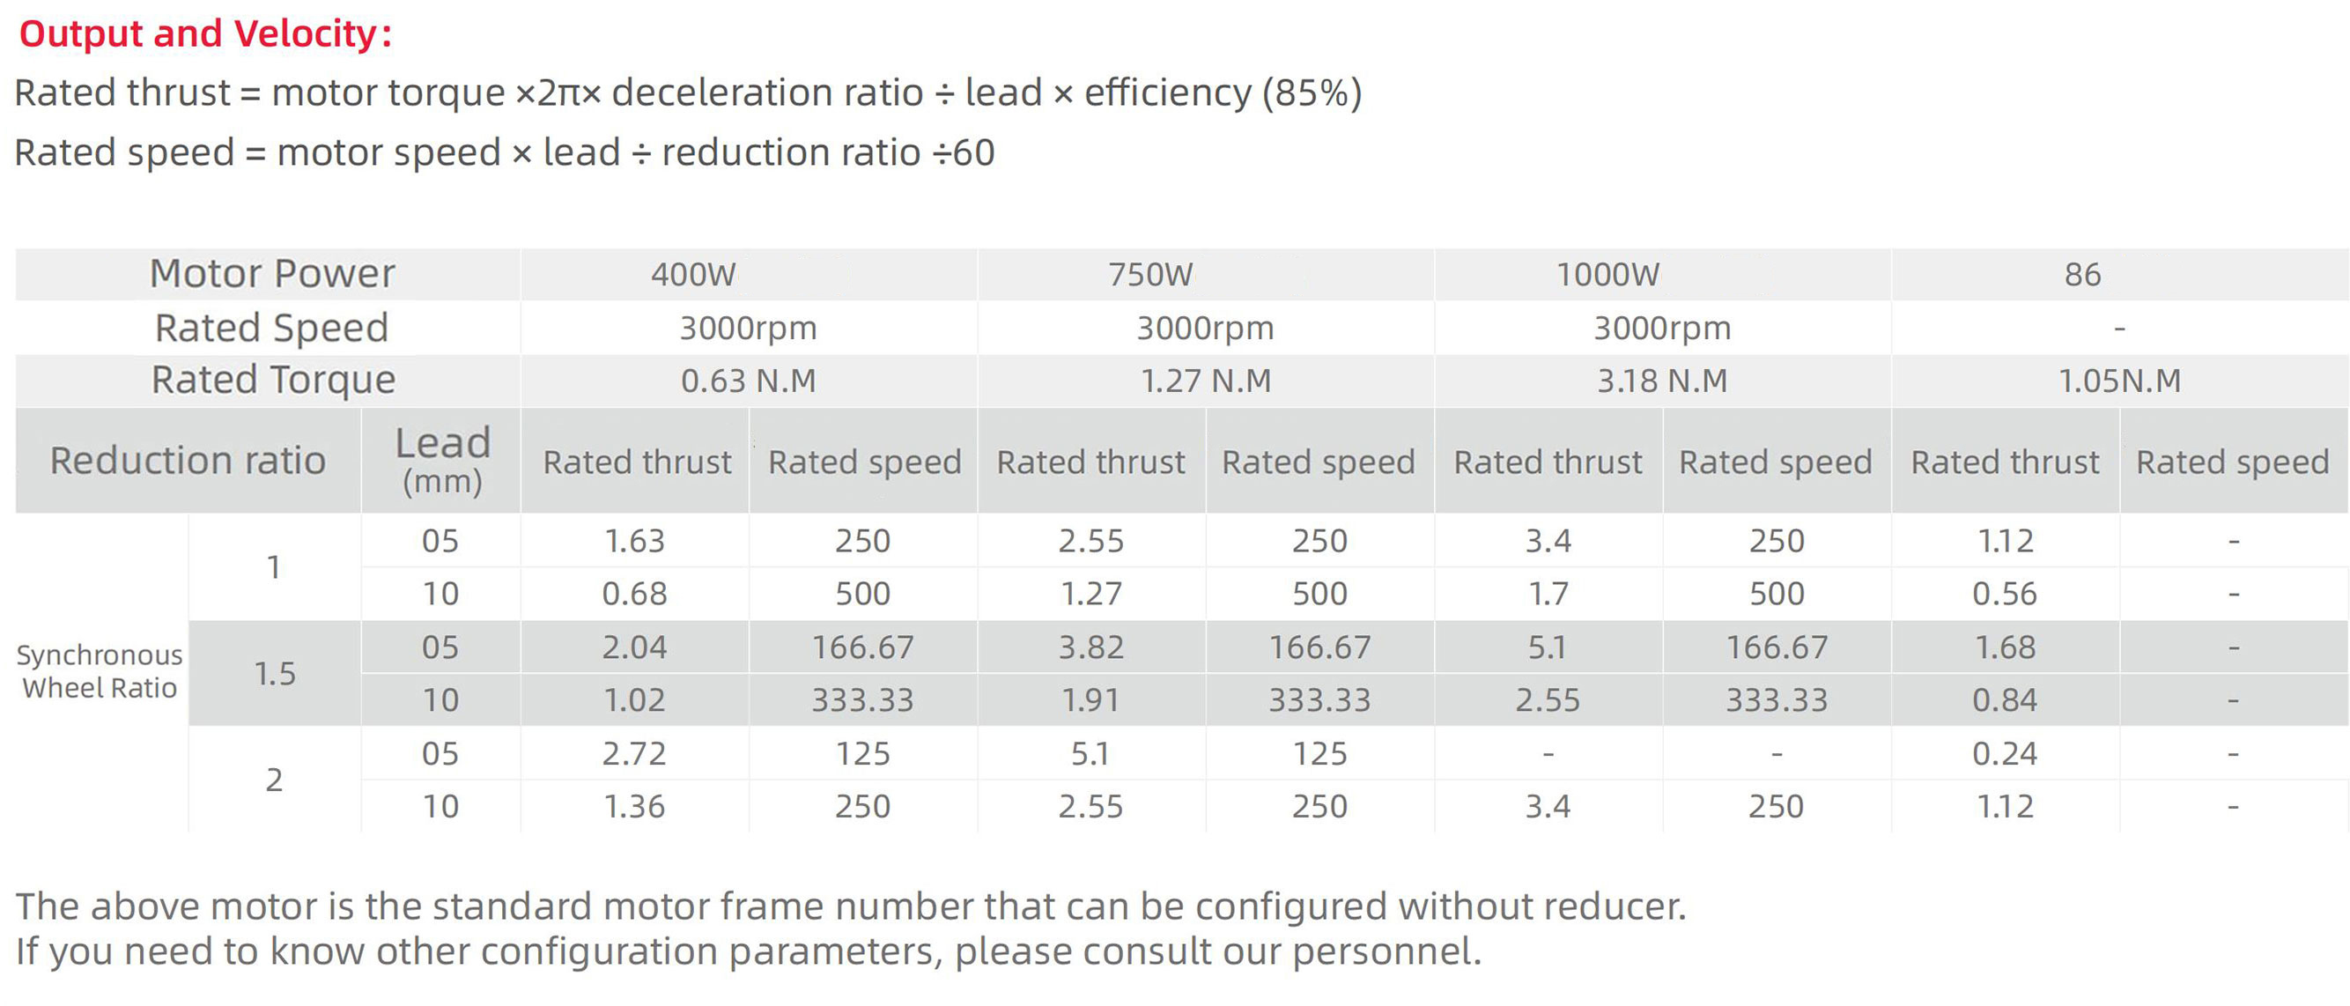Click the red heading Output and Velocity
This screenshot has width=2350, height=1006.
(204, 33)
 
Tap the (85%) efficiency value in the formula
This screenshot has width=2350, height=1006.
(1312, 93)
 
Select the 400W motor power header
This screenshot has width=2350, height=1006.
(693, 275)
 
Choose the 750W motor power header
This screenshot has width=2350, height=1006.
(1150, 275)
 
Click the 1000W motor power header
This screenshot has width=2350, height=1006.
(1607, 275)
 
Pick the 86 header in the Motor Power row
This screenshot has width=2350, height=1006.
(2083, 275)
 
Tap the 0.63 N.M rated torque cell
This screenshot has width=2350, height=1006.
(748, 381)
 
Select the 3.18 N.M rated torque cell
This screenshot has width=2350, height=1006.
(1662, 381)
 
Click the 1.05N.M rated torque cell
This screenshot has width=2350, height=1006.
(2119, 381)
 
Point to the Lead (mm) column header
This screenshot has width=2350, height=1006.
(442, 459)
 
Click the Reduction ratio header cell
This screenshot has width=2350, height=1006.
(188, 461)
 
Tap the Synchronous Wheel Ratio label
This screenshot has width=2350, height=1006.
(100, 671)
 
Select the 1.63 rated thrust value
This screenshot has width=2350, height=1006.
(635, 541)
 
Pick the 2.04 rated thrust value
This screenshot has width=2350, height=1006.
(635, 647)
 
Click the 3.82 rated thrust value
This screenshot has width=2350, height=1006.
(1091, 647)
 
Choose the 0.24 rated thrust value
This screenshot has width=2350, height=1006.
(2004, 753)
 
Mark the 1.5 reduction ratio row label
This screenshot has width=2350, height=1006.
(275, 673)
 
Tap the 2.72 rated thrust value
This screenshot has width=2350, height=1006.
(635, 753)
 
